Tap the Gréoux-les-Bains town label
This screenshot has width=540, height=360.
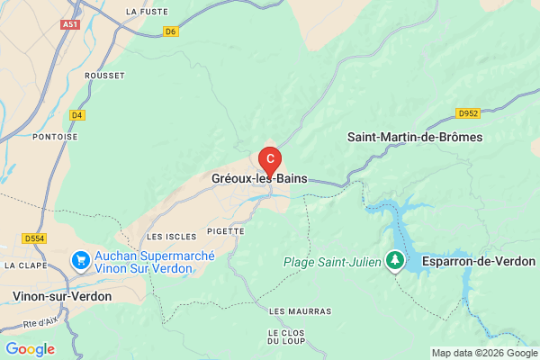(259, 178)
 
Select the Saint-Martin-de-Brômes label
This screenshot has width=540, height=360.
(415, 138)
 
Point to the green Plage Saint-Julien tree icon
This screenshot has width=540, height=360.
(394, 261)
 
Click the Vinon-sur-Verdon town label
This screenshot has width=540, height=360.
(62, 295)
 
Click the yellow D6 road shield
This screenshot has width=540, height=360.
(172, 31)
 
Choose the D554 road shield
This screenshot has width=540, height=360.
(34, 238)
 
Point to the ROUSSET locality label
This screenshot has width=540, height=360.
(105, 76)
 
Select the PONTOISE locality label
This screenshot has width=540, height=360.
(53, 137)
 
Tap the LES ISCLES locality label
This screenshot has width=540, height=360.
(167, 236)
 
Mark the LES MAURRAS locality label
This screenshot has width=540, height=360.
(300, 310)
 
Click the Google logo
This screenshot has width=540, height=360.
(30, 349)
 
